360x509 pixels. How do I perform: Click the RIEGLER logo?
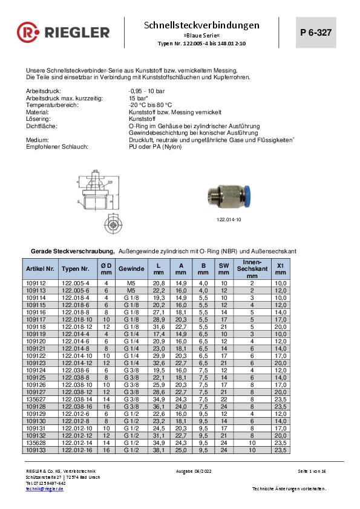coord(63,31)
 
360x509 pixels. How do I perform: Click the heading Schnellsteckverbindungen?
coord(202,25)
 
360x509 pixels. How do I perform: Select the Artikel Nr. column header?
coord(41,268)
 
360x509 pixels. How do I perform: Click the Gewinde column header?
coord(131,268)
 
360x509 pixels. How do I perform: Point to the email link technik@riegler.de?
coord(44,488)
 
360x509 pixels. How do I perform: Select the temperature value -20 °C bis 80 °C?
coord(152,104)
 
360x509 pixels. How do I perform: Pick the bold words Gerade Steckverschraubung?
coord(72,250)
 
